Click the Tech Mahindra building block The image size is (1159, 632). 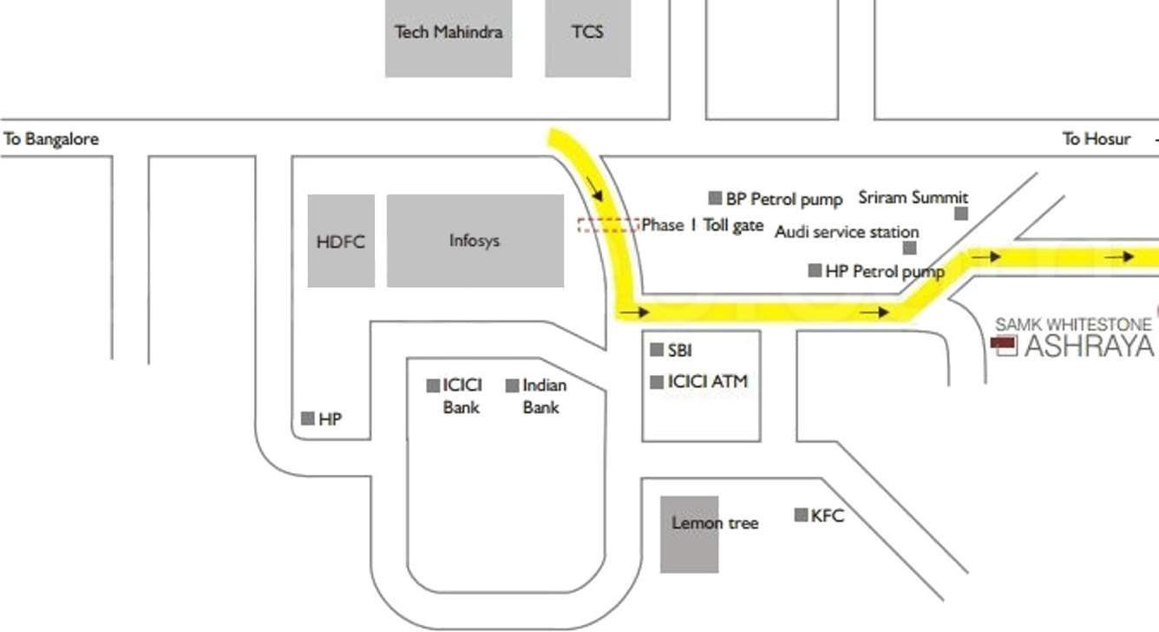click(x=449, y=37)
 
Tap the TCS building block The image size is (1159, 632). click(x=587, y=37)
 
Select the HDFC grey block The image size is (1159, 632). click(x=341, y=240)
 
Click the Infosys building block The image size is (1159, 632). click(x=475, y=240)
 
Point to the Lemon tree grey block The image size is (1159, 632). click(x=689, y=534)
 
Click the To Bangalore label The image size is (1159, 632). click(x=51, y=139)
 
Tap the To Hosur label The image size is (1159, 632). click(x=1097, y=139)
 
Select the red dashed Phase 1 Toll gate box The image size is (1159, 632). click(x=608, y=225)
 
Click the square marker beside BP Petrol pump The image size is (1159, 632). click(x=716, y=198)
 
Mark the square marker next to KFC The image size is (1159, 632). click(x=802, y=515)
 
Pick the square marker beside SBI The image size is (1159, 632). click(x=658, y=350)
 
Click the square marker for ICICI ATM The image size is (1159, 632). click(x=658, y=381)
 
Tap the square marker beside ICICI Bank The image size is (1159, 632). click(x=433, y=385)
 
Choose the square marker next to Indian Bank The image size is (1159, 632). click(x=513, y=385)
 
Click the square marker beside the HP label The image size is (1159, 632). click(x=307, y=418)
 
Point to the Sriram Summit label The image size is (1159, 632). click(x=913, y=198)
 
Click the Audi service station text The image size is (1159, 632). click(x=846, y=232)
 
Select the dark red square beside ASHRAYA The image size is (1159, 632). click(x=1004, y=346)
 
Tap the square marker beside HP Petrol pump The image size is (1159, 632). click(x=815, y=271)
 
